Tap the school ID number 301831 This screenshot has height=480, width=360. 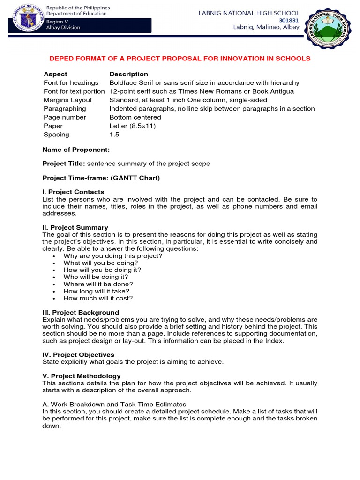pyautogui.click(x=288, y=20)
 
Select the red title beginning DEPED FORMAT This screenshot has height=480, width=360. pyautogui.click(x=180, y=59)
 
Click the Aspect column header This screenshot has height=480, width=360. pyautogui.click(x=55, y=74)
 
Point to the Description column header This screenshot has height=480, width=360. pyautogui.click(x=128, y=74)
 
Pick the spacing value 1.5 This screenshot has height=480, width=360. pyautogui.click(x=114, y=135)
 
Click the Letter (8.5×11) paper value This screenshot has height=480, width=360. pyautogui.click(x=132, y=126)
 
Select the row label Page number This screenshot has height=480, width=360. pyautogui.click(x=65, y=117)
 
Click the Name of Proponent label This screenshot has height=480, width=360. pyautogui.click(x=76, y=150)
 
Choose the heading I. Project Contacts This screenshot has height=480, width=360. pyautogui.click(x=73, y=192)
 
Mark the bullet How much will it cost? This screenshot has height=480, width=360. pyautogui.click(x=98, y=298)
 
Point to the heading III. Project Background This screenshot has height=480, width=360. pyautogui.click(x=81, y=312)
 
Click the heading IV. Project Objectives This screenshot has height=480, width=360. pyautogui.click(x=78, y=355)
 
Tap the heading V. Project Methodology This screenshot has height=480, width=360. pyautogui.click(x=82, y=376)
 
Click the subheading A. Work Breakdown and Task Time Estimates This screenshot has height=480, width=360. pyautogui.click(x=114, y=404)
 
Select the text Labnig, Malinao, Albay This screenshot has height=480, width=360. pyautogui.click(x=266, y=27)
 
